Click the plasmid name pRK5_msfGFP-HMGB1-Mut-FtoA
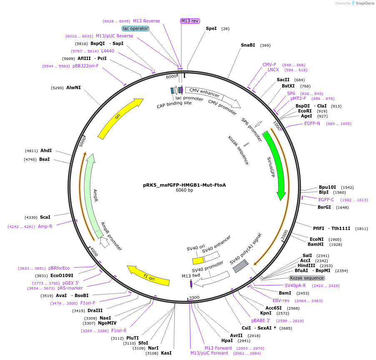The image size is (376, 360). [184, 185]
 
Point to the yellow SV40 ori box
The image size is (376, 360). [198, 260]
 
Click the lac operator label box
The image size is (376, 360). [135, 28]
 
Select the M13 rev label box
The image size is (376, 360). [190, 21]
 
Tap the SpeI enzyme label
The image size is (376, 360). [211, 28]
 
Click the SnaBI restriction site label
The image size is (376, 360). [248, 45]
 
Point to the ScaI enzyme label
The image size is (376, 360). [45, 217]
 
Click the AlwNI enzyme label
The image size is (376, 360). [73, 88]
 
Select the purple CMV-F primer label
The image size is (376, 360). [269, 65]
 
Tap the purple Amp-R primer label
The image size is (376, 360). [45, 226]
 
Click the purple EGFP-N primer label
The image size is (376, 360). [312, 123]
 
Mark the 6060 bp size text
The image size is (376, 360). [184, 190]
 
